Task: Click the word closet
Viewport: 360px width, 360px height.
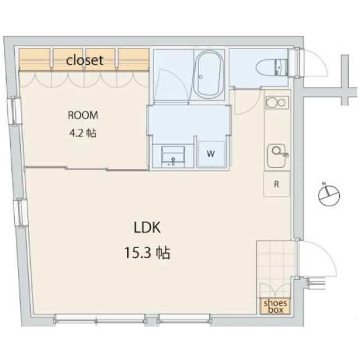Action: [x=84, y=60]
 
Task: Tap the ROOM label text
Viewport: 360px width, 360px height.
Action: [x=83, y=115]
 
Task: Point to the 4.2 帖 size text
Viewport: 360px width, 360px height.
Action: [x=83, y=133]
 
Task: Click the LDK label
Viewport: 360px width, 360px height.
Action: [x=147, y=227]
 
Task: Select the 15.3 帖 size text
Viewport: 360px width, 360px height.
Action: [x=147, y=253]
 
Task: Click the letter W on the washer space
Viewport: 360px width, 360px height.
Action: [x=211, y=154]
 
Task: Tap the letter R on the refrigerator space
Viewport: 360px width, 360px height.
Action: [x=276, y=184]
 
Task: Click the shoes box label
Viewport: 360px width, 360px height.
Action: [x=275, y=306]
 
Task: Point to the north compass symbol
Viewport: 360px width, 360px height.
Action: [x=329, y=195]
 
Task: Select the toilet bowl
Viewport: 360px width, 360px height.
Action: [x=272, y=67]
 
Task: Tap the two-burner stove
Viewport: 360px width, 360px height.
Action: [x=277, y=102]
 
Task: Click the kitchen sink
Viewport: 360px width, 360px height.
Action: [x=277, y=156]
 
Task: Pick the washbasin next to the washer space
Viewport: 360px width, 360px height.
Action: [x=173, y=156]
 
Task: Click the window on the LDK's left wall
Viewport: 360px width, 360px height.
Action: [x=20, y=213]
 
